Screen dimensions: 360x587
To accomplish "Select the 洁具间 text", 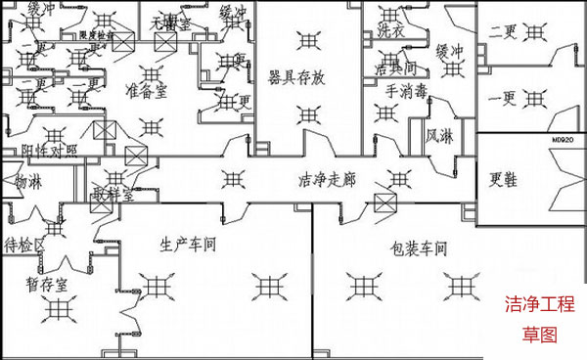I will tap(395, 69).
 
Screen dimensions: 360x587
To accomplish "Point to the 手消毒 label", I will tap(407, 91).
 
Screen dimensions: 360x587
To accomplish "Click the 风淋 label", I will tap(439, 137).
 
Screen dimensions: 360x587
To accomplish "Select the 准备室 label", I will tap(147, 90).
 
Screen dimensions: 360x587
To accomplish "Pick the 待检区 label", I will tap(26, 244).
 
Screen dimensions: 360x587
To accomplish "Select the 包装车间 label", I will tap(419, 248).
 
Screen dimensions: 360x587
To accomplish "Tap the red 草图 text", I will tap(538, 334).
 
